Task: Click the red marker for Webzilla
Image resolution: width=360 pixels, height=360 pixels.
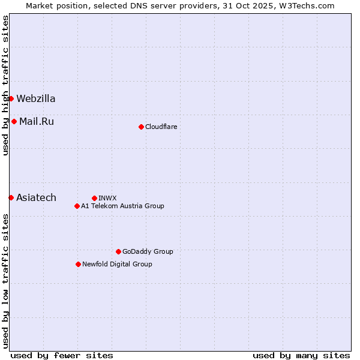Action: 11,98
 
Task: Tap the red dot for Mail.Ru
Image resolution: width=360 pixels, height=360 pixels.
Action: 14,121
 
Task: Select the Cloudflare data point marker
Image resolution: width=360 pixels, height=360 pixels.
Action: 141,127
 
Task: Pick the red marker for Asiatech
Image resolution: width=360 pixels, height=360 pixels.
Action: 11,197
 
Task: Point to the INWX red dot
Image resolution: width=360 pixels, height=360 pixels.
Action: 94,198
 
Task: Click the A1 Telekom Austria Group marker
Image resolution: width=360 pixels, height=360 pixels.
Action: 77,206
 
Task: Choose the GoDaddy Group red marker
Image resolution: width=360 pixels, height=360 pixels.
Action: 118,251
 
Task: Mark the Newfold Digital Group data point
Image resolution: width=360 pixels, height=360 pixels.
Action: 78,264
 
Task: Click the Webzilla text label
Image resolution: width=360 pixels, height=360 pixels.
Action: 36,98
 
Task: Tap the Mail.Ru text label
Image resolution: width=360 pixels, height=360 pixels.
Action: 37,121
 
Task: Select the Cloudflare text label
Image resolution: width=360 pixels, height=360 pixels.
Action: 161,127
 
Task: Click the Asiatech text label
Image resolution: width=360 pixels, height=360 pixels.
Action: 37,197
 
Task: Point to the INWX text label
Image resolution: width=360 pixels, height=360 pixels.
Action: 107,198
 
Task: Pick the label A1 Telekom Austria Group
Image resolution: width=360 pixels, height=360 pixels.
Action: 122,206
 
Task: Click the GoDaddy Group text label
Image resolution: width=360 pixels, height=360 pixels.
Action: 148,251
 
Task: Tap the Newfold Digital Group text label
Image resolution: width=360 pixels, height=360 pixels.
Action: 117,264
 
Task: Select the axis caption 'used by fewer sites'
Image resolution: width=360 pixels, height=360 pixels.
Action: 62,355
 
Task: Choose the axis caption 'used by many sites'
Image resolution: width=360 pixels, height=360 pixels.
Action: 301,355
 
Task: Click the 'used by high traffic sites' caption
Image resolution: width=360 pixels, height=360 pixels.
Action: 5,86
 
